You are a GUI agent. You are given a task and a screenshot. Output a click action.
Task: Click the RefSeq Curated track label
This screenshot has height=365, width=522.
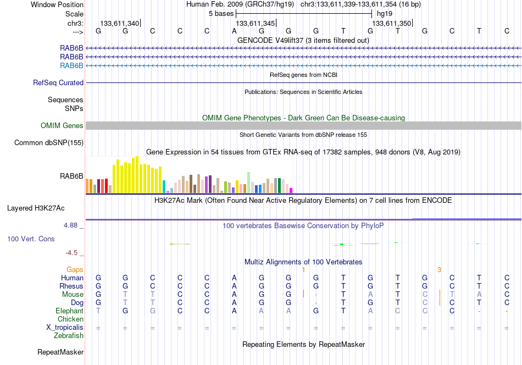point(58,82)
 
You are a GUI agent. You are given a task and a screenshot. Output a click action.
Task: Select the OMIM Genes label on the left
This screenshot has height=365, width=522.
point(62,125)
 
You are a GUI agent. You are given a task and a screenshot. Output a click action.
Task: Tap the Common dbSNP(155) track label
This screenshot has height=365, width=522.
point(49,142)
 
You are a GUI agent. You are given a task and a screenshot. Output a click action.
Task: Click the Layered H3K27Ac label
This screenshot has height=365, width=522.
point(36,208)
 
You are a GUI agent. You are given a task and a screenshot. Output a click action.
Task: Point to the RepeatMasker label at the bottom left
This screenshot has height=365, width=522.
point(60,352)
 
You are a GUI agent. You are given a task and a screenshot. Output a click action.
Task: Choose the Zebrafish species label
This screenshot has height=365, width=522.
point(69,336)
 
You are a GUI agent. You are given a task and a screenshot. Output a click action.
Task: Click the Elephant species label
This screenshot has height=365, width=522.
point(69,311)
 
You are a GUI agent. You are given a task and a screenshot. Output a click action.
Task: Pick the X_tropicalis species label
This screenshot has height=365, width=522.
point(65,328)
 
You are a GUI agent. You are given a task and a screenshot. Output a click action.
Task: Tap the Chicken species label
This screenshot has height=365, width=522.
point(70,319)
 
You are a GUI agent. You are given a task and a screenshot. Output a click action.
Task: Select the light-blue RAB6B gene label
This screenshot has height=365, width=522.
point(71,65)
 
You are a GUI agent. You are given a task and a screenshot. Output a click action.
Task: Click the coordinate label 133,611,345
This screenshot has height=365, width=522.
point(256,23)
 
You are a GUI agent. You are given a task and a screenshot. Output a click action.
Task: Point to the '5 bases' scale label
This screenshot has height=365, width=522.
point(221,14)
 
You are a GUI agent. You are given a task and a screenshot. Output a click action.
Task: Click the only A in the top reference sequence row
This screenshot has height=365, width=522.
point(235,31)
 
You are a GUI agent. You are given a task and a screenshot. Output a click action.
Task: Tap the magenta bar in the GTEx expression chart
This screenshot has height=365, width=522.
point(291,191)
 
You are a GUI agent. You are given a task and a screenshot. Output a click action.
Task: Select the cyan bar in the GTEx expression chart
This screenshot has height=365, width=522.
point(164,187)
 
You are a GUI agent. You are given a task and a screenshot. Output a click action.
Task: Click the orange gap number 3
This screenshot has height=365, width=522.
point(439,269)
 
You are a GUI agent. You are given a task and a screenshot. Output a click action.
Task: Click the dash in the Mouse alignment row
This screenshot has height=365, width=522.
point(316,295)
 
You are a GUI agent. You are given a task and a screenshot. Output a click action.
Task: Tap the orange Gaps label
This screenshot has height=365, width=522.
point(75,269)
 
